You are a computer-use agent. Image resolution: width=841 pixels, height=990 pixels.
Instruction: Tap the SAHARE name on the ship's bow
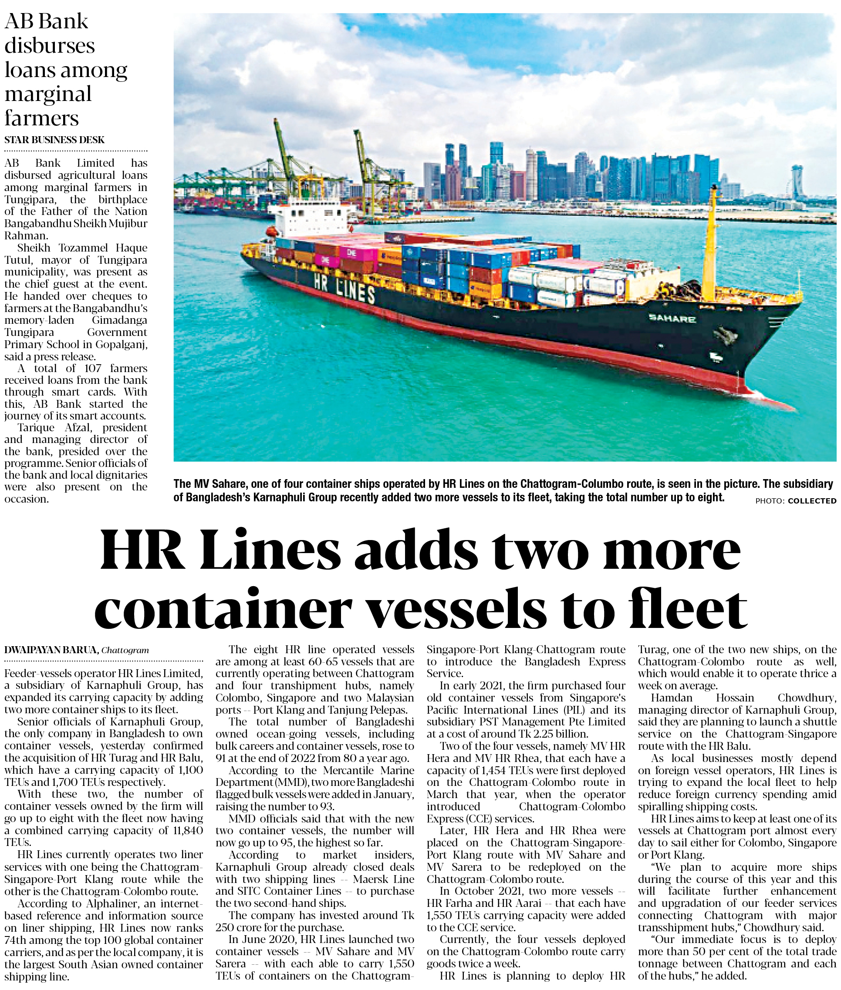[x=672, y=319]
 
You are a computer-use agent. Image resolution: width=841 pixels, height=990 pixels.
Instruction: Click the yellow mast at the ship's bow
[x=709, y=243]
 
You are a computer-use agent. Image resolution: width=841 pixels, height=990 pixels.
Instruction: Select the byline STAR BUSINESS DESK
[x=54, y=140]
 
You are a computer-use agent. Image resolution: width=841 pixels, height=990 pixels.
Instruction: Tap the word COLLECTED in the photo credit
[x=811, y=501]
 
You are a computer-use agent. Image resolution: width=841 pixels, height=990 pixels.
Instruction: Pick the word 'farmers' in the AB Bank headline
[x=41, y=118]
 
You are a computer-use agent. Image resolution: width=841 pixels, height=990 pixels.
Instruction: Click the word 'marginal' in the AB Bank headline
[x=47, y=94]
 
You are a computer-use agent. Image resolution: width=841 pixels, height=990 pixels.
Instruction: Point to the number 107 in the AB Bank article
[x=92, y=368]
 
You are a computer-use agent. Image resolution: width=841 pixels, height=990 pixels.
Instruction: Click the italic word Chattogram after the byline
[x=125, y=650]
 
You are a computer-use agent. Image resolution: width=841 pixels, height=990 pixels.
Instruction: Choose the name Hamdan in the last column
[x=672, y=698]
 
